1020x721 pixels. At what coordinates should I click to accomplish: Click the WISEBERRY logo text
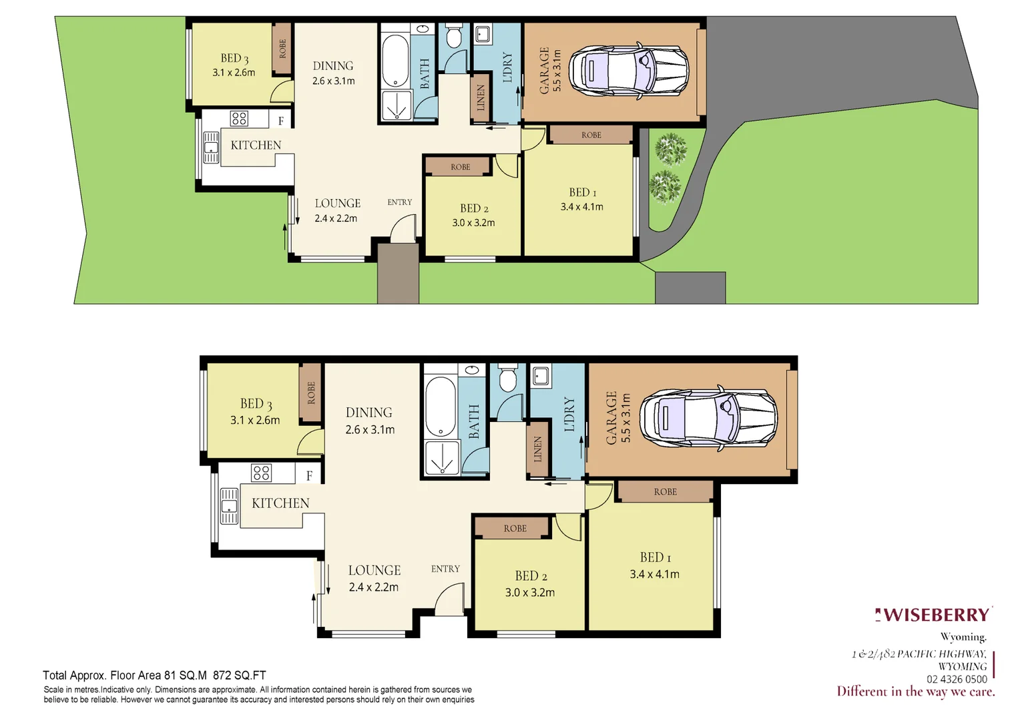click(x=935, y=615)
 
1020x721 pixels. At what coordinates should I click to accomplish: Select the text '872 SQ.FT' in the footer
click(x=239, y=675)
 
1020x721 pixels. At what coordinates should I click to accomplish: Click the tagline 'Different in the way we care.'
click(x=915, y=692)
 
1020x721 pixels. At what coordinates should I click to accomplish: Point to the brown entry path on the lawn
click(x=398, y=274)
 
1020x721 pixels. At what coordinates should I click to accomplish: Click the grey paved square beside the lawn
click(x=690, y=288)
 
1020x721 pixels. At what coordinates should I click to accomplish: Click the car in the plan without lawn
click(x=708, y=419)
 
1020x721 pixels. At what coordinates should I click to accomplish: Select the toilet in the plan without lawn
click(x=508, y=379)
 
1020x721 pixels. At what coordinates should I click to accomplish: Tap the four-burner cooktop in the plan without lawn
click(x=262, y=473)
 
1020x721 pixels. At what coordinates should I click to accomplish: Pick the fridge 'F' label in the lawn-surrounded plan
click(x=281, y=121)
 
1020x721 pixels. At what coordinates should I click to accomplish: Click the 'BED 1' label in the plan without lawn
click(x=655, y=557)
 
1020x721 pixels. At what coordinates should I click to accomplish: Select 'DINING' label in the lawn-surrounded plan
click(x=333, y=66)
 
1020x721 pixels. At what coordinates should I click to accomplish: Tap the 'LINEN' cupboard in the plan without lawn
click(x=537, y=449)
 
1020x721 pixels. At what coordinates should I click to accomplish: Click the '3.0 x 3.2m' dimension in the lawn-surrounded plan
click(x=473, y=223)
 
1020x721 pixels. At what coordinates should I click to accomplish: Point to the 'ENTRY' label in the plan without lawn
click(x=445, y=569)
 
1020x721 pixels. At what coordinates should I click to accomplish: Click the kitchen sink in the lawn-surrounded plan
click(x=211, y=148)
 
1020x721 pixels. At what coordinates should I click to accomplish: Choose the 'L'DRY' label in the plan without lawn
click(x=569, y=415)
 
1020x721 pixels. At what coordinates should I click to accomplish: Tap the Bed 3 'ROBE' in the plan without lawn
click(x=310, y=393)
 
